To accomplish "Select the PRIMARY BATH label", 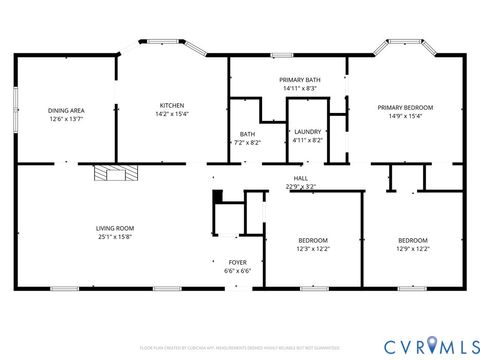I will tap(299, 79).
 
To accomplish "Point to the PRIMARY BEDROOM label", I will tap(405, 107).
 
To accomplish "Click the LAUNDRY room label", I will tap(307, 133).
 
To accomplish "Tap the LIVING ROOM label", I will tap(115, 228).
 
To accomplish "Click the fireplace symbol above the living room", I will tap(112, 173).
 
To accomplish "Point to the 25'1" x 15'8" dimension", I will tap(115, 237).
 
